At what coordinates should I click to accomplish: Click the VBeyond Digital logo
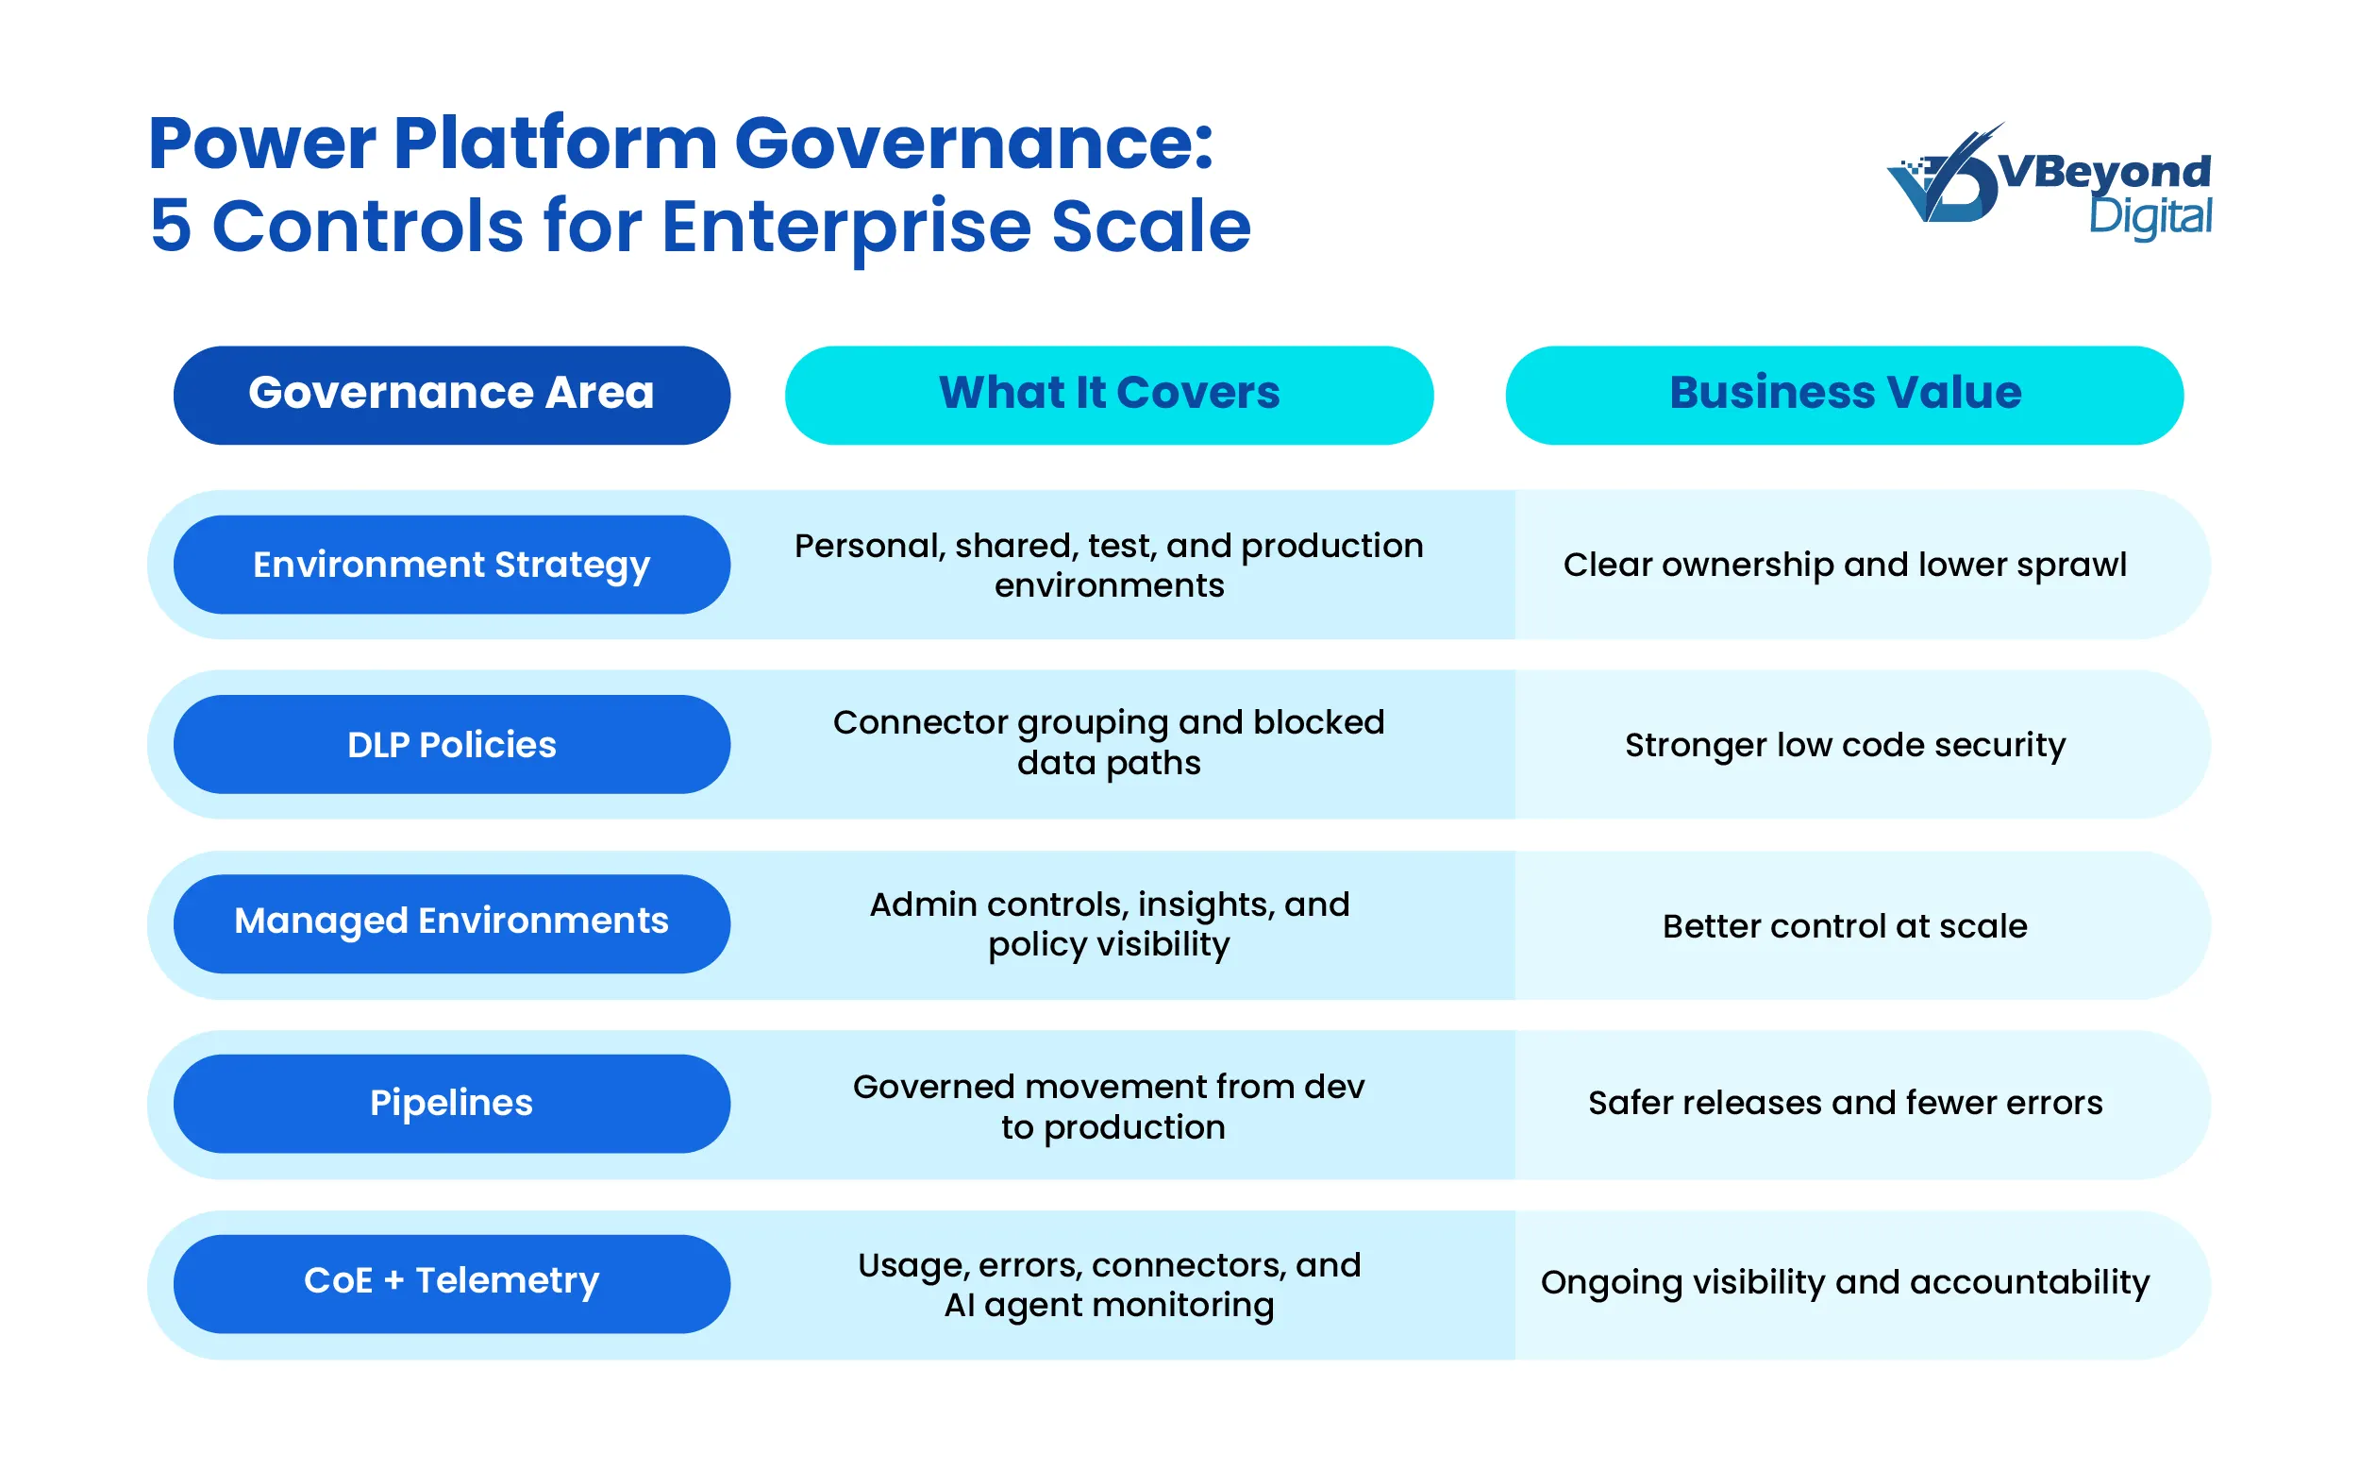pos(2049,181)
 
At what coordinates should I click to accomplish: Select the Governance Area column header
pos(451,395)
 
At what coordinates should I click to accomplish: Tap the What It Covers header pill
pos(1109,395)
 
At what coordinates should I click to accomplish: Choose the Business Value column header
pos(1844,395)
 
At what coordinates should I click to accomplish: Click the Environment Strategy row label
pos(451,565)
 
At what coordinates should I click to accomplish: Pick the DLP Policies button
pos(451,744)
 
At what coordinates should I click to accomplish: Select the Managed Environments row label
pos(451,922)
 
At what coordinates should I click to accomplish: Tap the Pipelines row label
pos(451,1103)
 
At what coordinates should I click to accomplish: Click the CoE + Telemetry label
pos(451,1282)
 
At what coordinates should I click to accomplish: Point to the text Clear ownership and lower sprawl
pos(1844,565)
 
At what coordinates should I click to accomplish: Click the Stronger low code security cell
pos(1844,745)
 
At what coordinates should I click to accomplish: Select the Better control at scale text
pos(1844,926)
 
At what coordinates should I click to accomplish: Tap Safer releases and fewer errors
pos(1844,1103)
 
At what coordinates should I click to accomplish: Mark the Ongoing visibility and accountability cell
pos(1844,1282)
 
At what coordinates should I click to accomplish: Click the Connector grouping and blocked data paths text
pos(1109,743)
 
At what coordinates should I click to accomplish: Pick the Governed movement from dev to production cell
pos(1109,1107)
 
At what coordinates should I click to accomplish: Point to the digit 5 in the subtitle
pos(170,227)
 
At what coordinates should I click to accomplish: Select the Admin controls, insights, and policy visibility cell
pos(1109,924)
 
